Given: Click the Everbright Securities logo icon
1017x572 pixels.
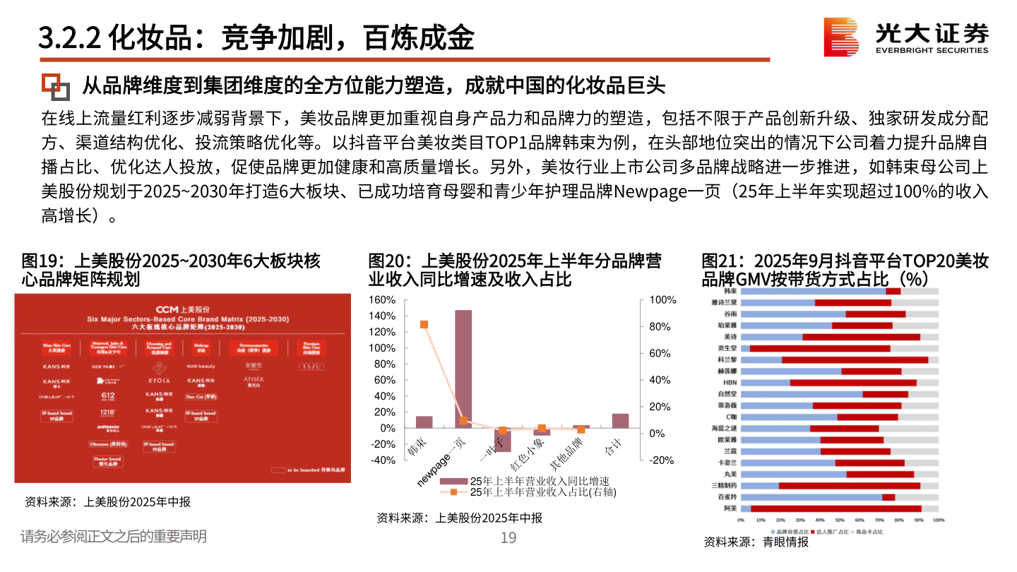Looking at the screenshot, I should pos(841,37).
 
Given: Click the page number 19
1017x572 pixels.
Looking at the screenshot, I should pos(509,538).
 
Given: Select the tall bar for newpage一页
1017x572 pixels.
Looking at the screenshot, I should pos(463,369).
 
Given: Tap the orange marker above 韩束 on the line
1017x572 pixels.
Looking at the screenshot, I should pos(424,325).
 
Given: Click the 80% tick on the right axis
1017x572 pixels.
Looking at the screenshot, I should pos(662,327).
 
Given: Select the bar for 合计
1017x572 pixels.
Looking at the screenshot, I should pos(620,420).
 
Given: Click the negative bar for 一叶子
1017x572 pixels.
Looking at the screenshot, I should pos(502,439).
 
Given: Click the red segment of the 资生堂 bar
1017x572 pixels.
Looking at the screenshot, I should pos(819,348).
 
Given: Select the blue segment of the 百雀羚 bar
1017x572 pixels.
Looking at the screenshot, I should pos(813,497).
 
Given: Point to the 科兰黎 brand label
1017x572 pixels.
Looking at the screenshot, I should pos(727,359).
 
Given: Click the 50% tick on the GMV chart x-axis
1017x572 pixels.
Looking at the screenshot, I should pos(840,520).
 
